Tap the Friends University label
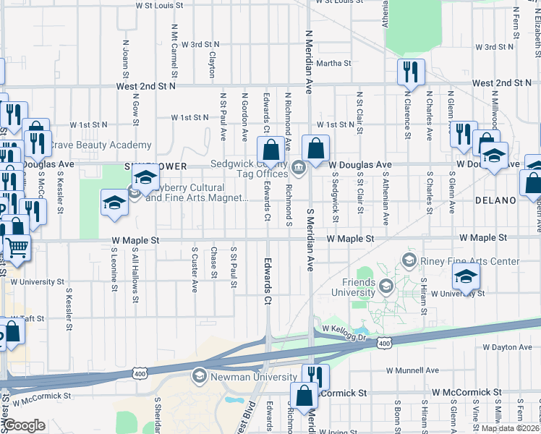coord(349,287)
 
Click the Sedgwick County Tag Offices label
coord(250,169)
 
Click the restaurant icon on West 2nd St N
coord(410,72)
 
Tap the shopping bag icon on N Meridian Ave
coord(315,150)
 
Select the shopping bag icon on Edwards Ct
coord(270,150)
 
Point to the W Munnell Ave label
coord(412,370)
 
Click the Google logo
coord(24,425)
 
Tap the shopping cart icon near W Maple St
coord(17,248)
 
